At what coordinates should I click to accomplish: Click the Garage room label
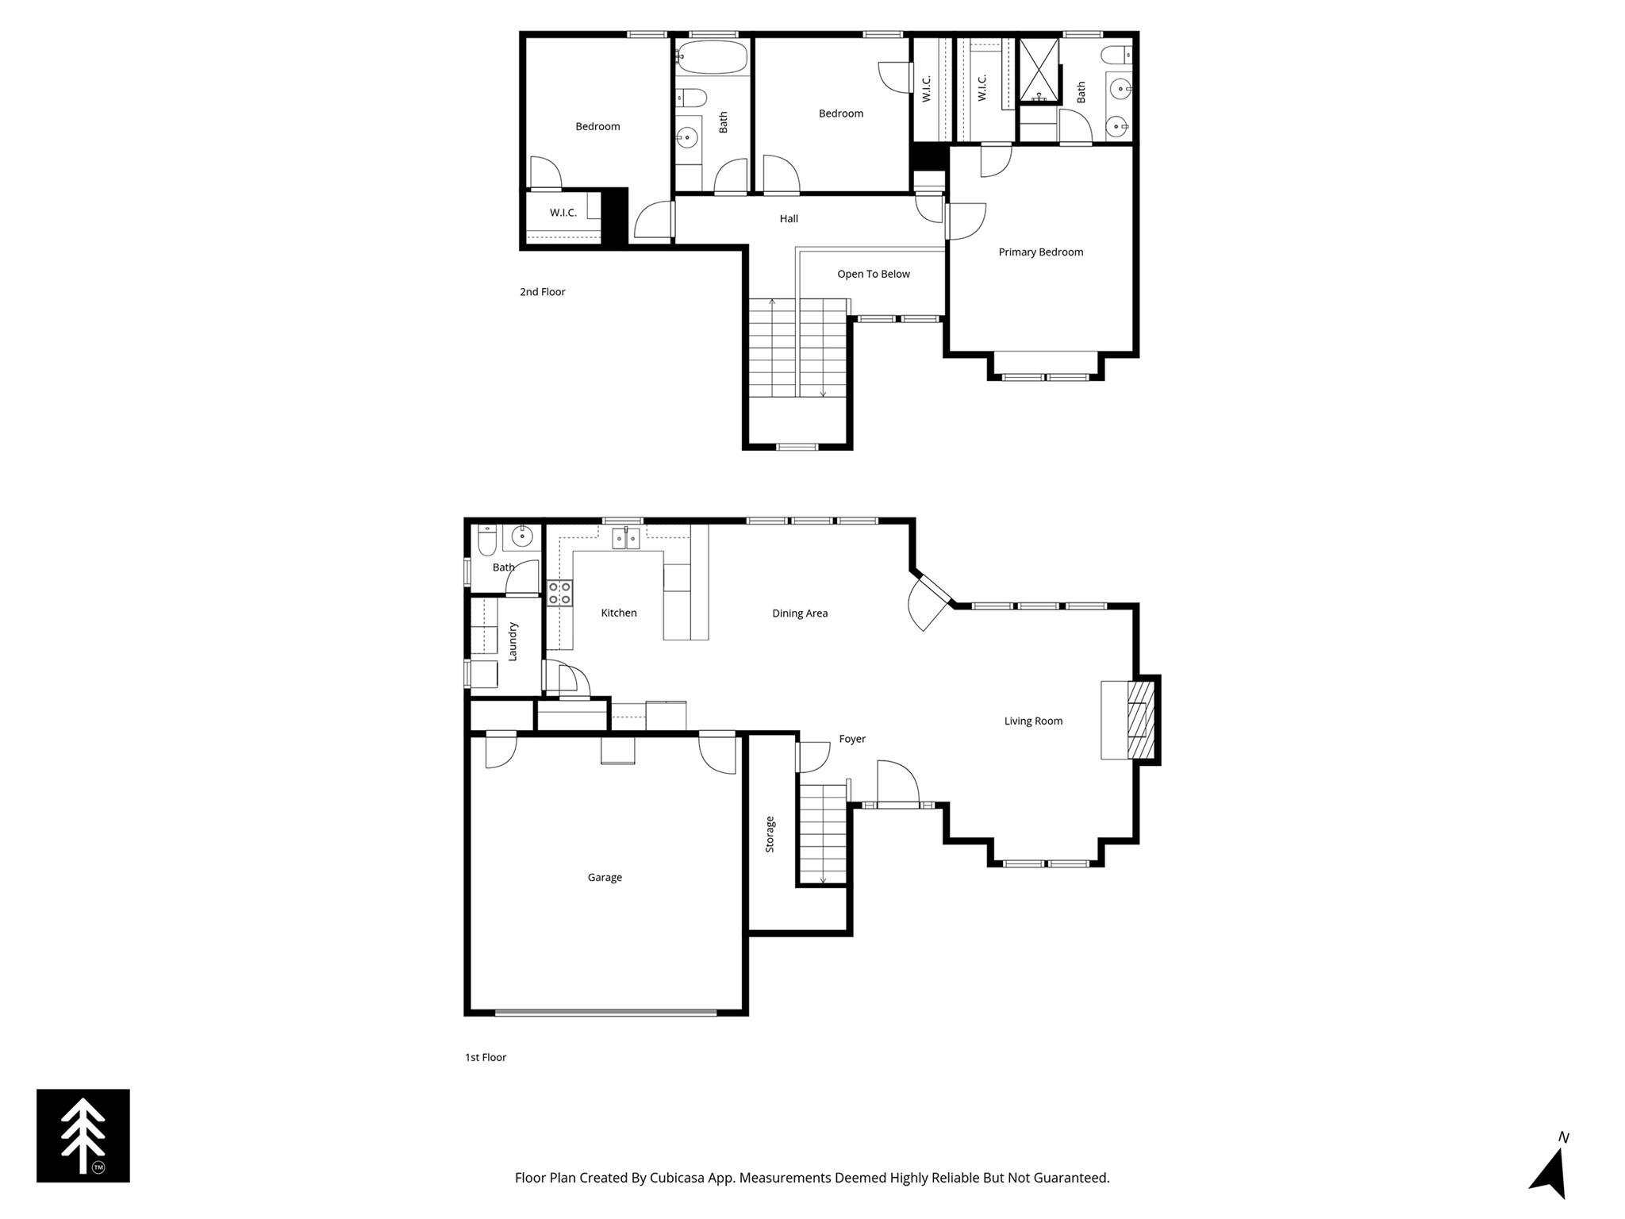click(x=604, y=877)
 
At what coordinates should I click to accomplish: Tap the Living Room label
click(x=1033, y=721)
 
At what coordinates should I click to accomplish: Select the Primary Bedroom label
click(x=1040, y=252)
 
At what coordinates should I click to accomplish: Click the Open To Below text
click(x=873, y=274)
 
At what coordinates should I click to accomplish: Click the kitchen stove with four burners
click(x=559, y=593)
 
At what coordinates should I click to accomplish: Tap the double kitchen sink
click(x=625, y=540)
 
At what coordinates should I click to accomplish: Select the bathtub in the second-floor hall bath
click(x=712, y=57)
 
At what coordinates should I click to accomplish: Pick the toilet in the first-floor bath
click(x=486, y=540)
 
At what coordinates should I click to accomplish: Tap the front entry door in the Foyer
click(x=897, y=804)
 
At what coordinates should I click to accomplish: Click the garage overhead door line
click(x=605, y=1012)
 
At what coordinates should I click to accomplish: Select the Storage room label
click(x=770, y=834)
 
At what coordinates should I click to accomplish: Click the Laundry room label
click(x=513, y=641)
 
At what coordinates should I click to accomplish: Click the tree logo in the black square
click(x=83, y=1136)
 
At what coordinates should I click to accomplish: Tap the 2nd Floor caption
click(x=543, y=292)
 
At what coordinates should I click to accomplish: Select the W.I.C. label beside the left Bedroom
click(x=563, y=213)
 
